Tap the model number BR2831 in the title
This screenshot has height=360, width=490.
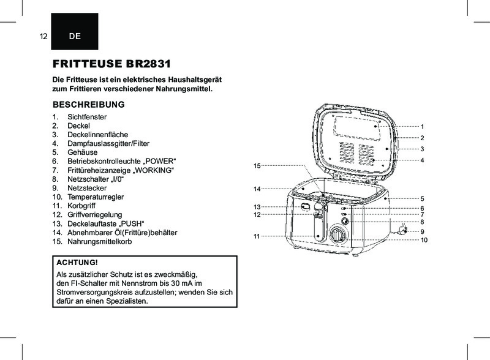coord(147,64)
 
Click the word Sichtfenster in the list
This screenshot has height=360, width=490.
coord(88,116)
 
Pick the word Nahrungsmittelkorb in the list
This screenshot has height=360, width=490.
coord(100,242)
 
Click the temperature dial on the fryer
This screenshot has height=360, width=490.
coord(337,236)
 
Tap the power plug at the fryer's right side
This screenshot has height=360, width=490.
coord(402,230)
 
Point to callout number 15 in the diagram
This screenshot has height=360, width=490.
coord(257,166)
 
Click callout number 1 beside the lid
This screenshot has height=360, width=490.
coord(422,126)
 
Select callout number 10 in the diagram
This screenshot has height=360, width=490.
coord(424,239)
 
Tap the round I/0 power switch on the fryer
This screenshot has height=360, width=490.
coord(345,221)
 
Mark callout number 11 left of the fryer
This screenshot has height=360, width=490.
coord(257,236)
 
